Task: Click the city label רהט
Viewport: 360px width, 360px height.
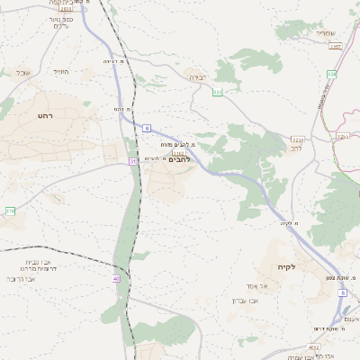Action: pos(46,116)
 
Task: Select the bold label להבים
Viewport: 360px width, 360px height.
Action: pos(179,159)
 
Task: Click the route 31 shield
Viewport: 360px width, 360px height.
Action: pos(132,161)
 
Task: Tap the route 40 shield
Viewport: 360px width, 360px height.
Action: pos(116,279)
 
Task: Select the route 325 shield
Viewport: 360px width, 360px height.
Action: pos(217,92)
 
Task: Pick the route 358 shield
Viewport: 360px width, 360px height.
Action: pos(331,74)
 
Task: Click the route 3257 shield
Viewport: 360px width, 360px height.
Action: pos(336,46)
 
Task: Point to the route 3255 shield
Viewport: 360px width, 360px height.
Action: pos(297,139)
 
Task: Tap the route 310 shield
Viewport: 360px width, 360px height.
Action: pos(10,211)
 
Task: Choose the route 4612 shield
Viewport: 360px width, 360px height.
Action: pos(314,346)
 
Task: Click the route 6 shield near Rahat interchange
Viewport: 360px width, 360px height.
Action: pos(147,129)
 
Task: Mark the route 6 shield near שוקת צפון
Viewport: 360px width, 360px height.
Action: pos(344,307)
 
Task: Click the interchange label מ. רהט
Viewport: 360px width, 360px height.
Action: pos(122,109)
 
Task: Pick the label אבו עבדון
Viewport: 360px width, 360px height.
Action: pos(246,300)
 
